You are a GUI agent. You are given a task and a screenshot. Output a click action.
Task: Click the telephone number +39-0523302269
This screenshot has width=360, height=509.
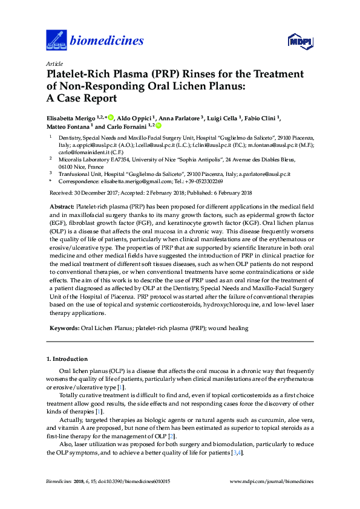[x=203, y=181]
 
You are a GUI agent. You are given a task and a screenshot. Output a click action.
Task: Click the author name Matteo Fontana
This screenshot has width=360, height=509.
[x=69, y=127]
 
